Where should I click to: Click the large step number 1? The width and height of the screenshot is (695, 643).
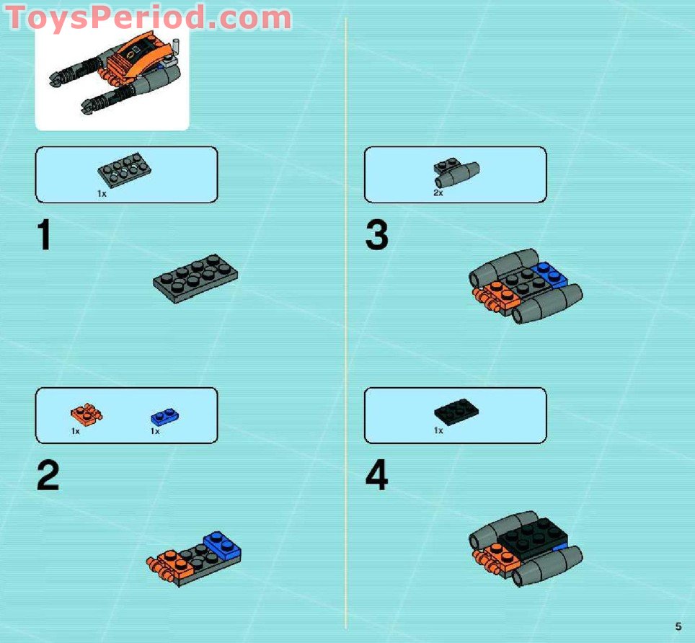[x=45, y=236]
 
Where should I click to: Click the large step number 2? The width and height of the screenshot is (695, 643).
[x=48, y=476]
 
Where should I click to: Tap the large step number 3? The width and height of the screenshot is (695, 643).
[x=376, y=236]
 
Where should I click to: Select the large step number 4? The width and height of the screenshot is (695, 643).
[x=376, y=476]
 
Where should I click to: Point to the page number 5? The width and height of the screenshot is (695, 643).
[x=678, y=626]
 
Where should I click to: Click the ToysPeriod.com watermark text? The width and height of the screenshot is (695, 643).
[x=149, y=17]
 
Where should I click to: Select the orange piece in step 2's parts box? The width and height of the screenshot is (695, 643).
[x=87, y=414]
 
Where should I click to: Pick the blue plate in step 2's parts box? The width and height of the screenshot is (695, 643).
[x=165, y=417]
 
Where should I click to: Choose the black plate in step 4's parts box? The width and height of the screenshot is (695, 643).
[x=456, y=410]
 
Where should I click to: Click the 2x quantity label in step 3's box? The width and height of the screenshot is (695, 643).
[x=438, y=193]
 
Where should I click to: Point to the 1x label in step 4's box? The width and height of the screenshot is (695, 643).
[x=438, y=430]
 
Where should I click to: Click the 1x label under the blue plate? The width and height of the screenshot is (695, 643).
[x=155, y=431]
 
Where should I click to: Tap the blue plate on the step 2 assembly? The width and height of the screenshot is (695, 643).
[x=222, y=546]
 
